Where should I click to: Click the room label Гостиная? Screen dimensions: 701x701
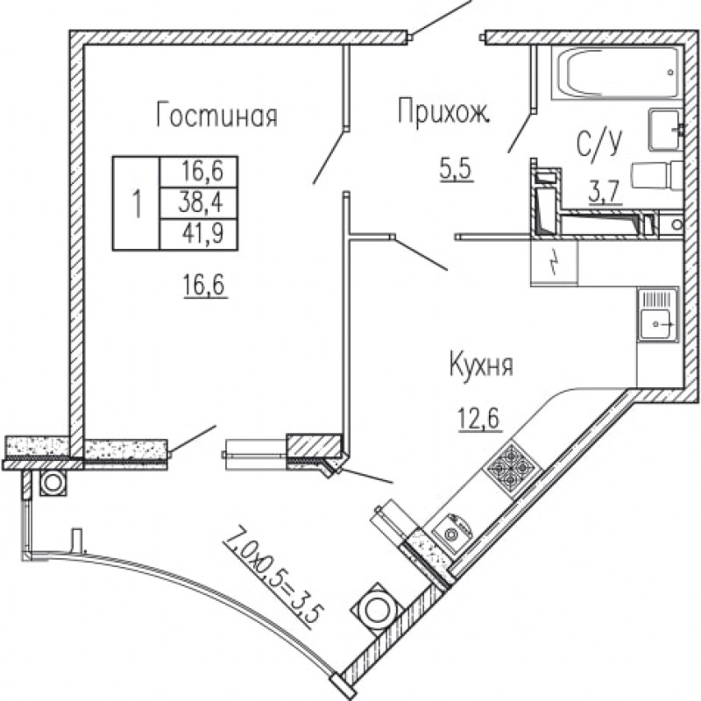point(216,116)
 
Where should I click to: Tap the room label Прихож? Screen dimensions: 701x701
point(443,111)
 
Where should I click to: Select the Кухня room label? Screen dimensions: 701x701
point(481,365)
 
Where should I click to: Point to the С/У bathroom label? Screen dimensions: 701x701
point(599,142)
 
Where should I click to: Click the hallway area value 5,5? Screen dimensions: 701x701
point(456,169)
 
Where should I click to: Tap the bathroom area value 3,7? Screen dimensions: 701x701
point(605,193)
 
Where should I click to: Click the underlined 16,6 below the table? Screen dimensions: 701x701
point(205,285)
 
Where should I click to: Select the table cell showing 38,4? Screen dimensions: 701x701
point(199,202)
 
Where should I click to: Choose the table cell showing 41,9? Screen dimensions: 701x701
point(199,233)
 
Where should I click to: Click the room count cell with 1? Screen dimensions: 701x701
point(137,202)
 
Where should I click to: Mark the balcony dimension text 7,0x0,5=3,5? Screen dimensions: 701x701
point(273,577)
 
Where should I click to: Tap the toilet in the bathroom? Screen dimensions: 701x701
point(656,176)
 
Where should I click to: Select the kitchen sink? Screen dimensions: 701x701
point(658,315)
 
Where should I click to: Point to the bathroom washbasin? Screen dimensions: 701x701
point(666,129)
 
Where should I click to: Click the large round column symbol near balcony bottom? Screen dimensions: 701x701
point(378,608)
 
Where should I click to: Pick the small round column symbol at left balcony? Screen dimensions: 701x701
point(53,483)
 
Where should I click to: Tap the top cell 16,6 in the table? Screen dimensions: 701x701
point(199,172)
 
